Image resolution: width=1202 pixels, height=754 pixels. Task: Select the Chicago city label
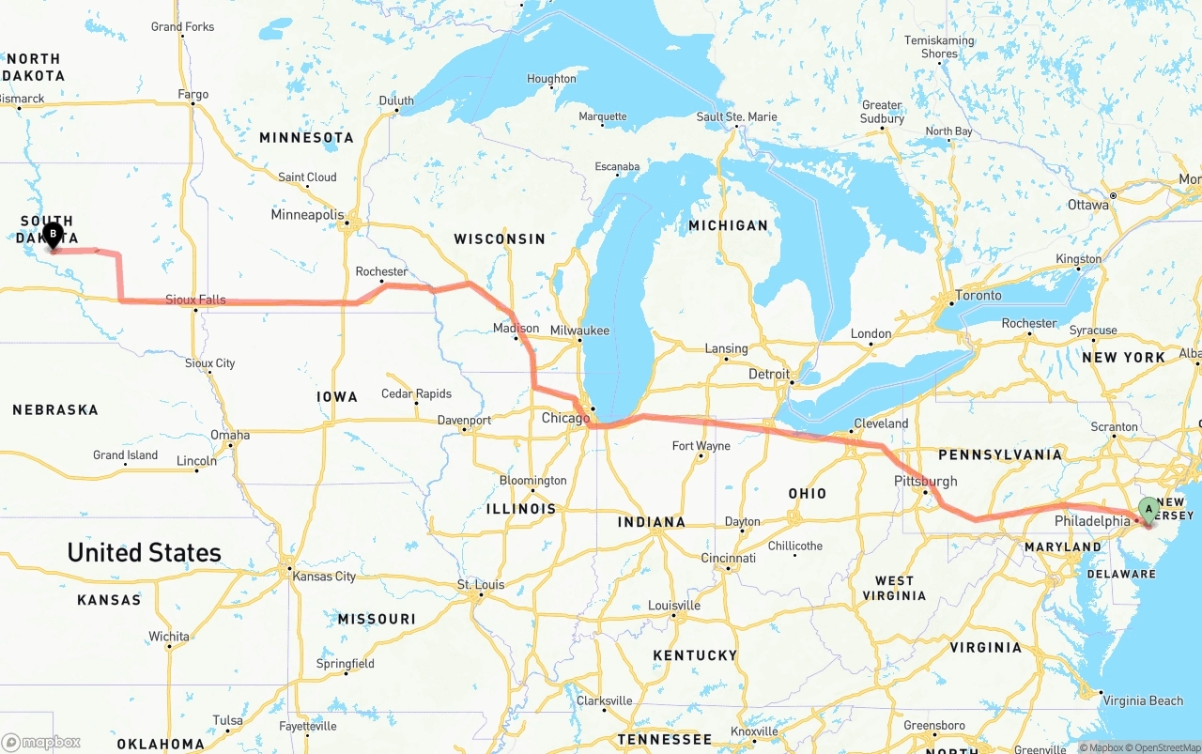pyautogui.click(x=565, y=418)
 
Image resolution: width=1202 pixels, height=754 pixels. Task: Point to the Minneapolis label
pyautogui.click(x=307, y=215)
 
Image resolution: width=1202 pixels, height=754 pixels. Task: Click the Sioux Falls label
pyautogui.click(x=195, y=300)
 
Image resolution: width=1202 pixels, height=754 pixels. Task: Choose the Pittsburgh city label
pyautogui.click(x=926, y=482)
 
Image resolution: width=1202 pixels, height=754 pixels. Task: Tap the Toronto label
pyautogui.click(x=978, y=295)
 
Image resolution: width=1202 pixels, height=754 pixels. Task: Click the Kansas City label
pyautogui.click(x=324, y=576)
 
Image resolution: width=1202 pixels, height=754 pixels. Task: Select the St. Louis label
pyautogui.click(x=481, y=585)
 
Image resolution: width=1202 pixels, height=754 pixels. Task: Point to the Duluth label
pyautogui.click(x=396, y=100)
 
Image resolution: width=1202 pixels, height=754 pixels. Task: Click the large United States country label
pyautogui.click(x=144, y=552)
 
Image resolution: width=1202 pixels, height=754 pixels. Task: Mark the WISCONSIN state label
pyautogui.click(x=500, y=239)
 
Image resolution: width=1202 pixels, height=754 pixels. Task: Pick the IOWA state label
pyautogui.click(x=337, y=397)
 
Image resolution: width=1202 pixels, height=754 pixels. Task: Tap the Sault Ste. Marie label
pyautogui.click(x=736, y=116)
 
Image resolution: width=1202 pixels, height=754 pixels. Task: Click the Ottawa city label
pyautogui.click(x=1087, y=205)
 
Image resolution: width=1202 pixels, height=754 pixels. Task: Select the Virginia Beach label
pyautogui.click(x=1143, y=700)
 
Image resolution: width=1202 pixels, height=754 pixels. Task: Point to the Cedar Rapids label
pyautogui.click(x=417, y=393)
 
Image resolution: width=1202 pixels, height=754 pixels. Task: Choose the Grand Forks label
pyautogui.click(x=182, y=26)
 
